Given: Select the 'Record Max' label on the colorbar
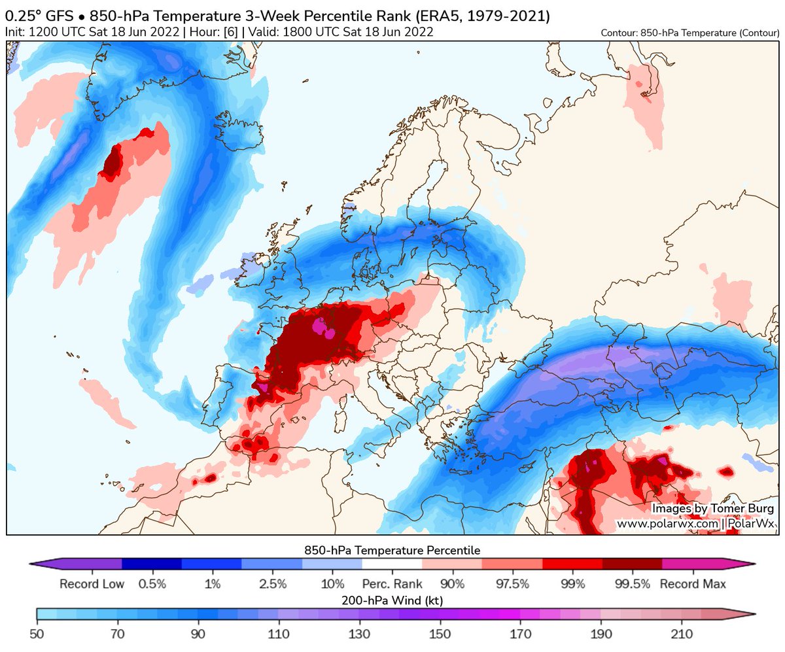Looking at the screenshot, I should (x=693, y=584).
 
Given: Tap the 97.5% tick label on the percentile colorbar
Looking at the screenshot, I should (x=512, y=584).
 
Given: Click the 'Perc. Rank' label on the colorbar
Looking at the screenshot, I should (x=392, y=584).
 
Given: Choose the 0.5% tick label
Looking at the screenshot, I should (x=152, y=584).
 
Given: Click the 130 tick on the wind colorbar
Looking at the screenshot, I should (x=360, y=634).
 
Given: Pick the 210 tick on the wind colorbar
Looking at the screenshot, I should (x=682, y=634).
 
